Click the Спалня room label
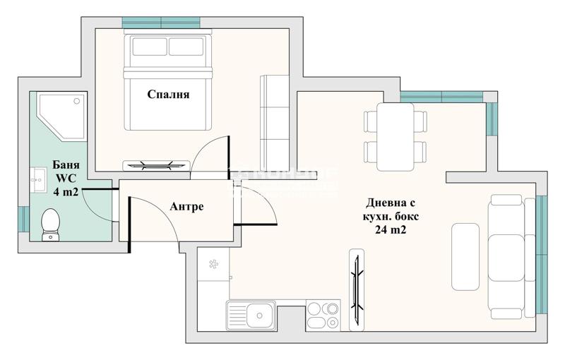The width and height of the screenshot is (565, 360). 169,94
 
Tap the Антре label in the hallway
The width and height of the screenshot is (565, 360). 186,207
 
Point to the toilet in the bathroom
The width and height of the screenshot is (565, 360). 50,224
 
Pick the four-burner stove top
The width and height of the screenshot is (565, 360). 323,315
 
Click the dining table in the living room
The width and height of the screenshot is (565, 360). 395,136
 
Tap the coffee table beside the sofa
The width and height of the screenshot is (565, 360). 465,257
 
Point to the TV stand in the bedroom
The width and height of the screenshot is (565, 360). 156,166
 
